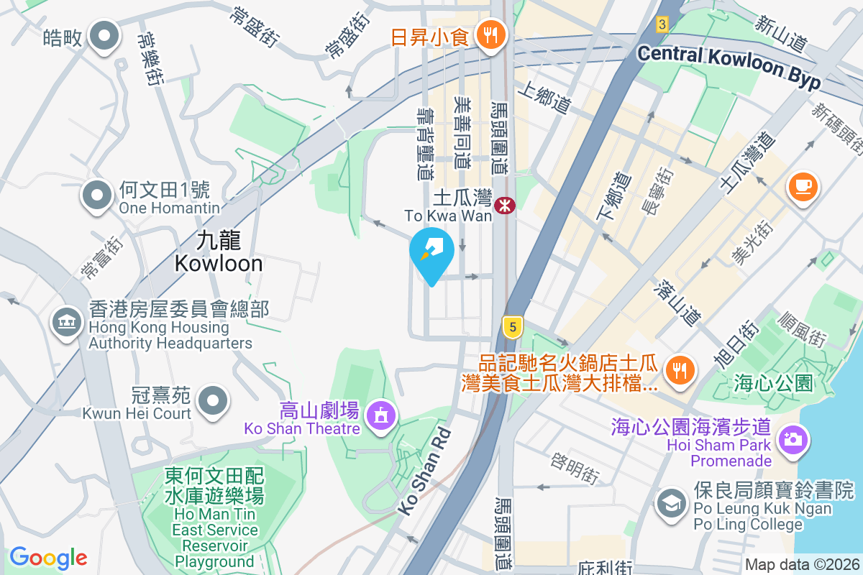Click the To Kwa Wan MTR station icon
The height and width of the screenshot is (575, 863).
(505, 205)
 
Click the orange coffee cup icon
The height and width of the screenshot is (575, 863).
(802, 187)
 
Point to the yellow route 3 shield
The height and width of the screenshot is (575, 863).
(662, 24)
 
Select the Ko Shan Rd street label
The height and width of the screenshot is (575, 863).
(424, 471)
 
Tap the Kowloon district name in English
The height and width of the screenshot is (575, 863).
(219, 263)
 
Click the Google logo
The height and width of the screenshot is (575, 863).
(48, 557)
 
